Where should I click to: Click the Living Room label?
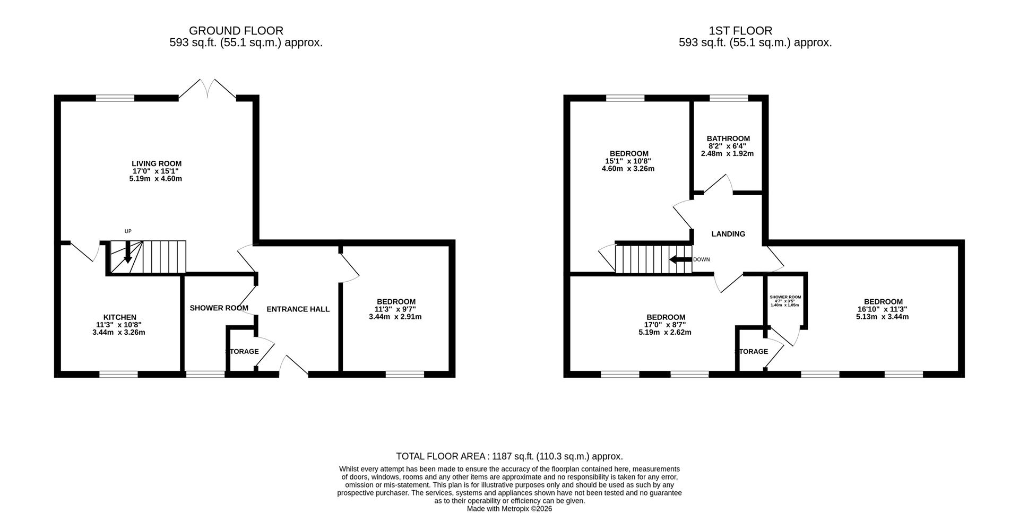(x=157, y=163)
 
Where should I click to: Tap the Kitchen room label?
(x=120, y=317)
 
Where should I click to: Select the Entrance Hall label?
(x=298, y=309)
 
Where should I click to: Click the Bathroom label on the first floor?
(x=728, y=138)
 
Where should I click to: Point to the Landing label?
(x=728, y=233)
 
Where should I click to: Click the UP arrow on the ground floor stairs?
(x=127, y=252)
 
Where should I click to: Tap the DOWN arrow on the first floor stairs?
(x=680, y=259)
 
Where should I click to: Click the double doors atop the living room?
(x=208, y=89)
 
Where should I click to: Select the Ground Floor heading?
(x=236, y=31)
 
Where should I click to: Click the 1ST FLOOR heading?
(x=740, y=31)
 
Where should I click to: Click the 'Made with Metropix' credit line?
(x=509, y=508)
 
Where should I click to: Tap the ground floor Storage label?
(x=242, y=351)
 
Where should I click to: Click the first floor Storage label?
(x=752, y=351)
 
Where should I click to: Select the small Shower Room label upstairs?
(x=785, y=297)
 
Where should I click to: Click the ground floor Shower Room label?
(x=219, y=308)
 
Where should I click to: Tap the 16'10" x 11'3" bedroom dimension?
(x=882, y=309)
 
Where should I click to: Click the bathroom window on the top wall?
(x=729, y=98)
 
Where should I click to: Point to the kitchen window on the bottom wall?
(x=118, y=375)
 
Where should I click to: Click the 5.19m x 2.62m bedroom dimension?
(x=664, y=333)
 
